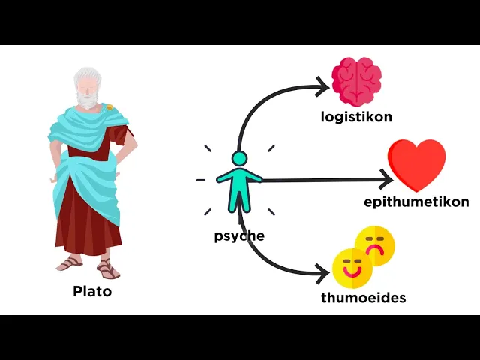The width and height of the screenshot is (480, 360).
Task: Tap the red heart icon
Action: (x=416, y=163)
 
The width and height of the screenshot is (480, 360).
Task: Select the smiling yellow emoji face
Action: (x=352, y=268)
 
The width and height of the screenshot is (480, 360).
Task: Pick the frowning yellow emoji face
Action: (x=374, y=245)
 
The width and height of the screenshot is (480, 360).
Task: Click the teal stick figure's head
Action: (x=239, y=159)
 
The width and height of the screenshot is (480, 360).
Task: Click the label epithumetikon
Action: (x=416, y=202)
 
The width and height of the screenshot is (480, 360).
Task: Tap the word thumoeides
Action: (x=363, y=298)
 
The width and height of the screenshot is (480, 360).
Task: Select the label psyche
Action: (x=239, y=235)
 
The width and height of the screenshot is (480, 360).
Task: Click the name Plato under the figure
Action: (x=92, y=292)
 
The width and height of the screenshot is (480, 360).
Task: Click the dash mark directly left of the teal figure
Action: (x=200, y=181)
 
